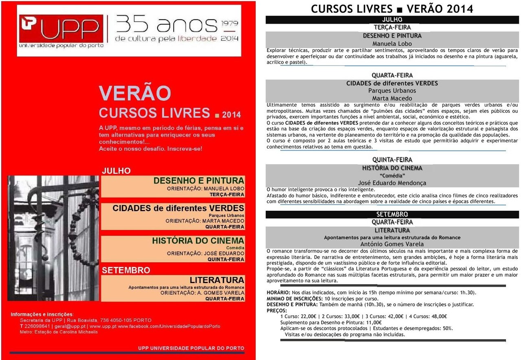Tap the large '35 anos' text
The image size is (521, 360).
coord(166,25)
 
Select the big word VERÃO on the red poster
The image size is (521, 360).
coord(135,93)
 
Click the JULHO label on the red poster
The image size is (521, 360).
coord(116,171)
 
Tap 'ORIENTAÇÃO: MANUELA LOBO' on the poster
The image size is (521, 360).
coord(206,189)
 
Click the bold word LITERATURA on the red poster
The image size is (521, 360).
coord(217,280)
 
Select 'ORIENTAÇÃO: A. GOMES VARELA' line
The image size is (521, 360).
coord(202,292)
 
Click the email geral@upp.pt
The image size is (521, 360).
coord(71,326)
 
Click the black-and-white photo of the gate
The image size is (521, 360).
coord(53,238)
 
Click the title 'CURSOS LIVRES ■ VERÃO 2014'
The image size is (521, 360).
coord(392,9)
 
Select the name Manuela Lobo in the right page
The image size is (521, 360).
coord(392,44)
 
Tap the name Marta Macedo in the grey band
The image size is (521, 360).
coord(392,98)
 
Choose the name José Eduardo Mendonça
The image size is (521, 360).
coord(392,183)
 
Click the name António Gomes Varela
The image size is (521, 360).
coord(392,244)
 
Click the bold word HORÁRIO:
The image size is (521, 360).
coord(278,292)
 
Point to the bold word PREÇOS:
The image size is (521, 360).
coord(277,310)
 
